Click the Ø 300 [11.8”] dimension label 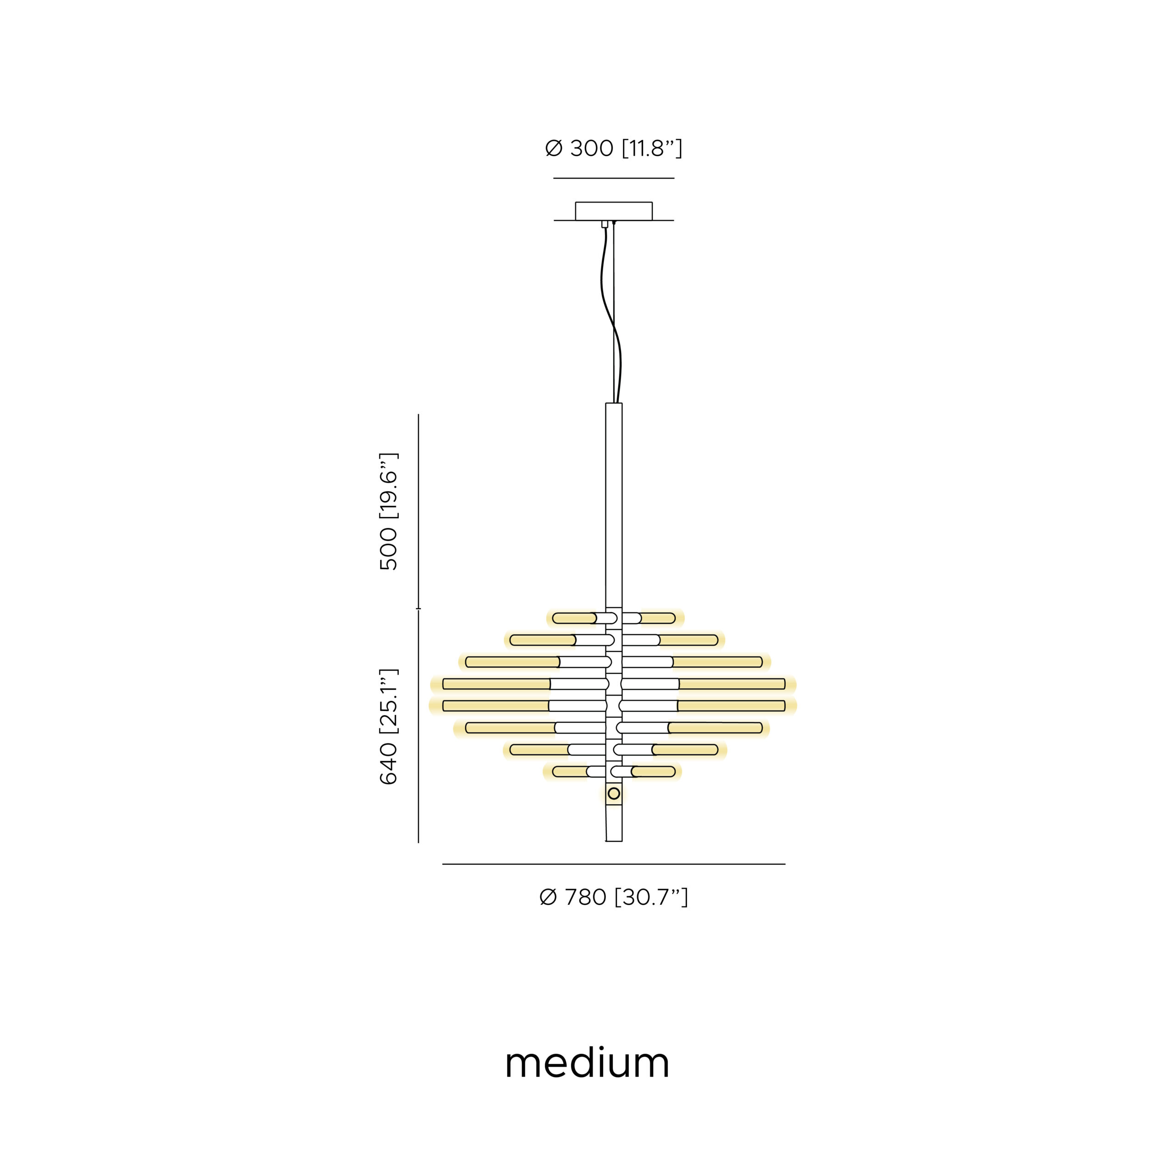(614, 148)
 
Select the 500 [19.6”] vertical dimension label (388, 511)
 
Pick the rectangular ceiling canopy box (614, 211)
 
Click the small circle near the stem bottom (614, 793)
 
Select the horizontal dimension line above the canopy (614, 178)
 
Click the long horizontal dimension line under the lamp (614, 864)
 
